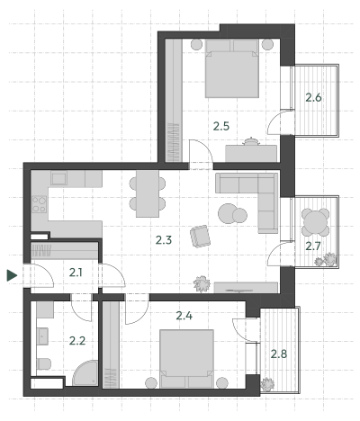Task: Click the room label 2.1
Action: coord(76,273)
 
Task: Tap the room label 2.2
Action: coord(77,341)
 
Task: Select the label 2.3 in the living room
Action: coord(164,240)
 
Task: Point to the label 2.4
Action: coord(184,316)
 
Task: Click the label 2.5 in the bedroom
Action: coord(221,126)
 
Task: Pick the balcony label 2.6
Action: coord(313,97)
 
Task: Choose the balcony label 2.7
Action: coord(313,246)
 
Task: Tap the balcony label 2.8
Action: coord(279,354)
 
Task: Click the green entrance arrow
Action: coord(12,275)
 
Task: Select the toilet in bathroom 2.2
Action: coord(44,363)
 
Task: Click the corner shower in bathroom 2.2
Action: coord(85,373)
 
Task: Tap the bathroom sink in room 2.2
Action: coord(42,336)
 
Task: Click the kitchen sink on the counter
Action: coord(58,178)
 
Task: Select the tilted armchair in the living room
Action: coord(200,237)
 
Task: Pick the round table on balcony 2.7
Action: coord(315,222)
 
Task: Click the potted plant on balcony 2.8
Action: coord(267,384)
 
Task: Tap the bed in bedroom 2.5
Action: coord(232,68)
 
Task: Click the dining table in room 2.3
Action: coord(148,193)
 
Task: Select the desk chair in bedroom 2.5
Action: coord(251,141)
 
